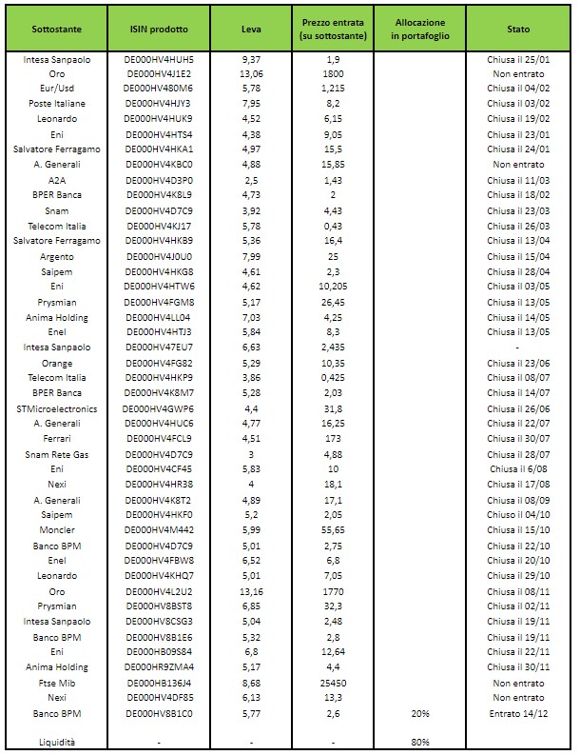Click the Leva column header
coord(251,30)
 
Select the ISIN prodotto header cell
coord(159,30)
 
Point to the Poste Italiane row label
coord(57,103)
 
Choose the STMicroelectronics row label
coord(57,408)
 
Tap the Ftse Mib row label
coord(57,682)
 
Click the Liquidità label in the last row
coord(57,742)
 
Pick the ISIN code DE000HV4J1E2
coord(159,73)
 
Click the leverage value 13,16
coord(251,590)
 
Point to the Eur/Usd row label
coord(57,88)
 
